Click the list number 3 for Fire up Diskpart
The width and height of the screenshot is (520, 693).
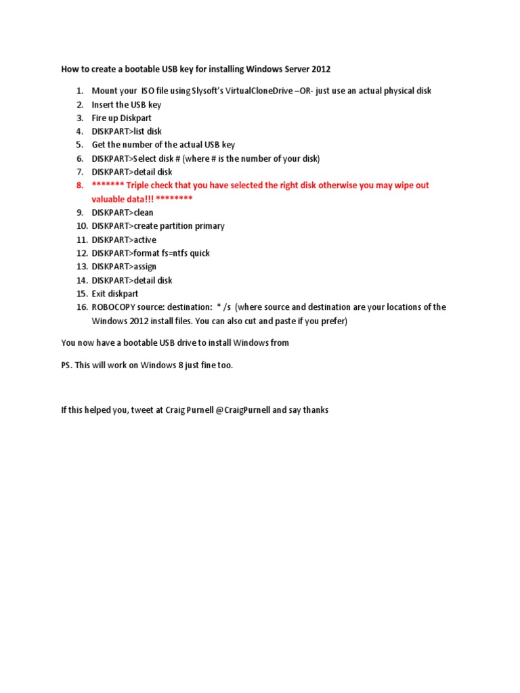[79, 118]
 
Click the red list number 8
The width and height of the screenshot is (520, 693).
[79, 185]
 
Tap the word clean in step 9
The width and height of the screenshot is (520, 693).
[144, 213]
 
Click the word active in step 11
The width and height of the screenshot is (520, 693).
[145, 240]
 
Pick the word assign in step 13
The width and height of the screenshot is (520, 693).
[145, 267]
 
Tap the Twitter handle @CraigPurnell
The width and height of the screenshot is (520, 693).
[242, 410]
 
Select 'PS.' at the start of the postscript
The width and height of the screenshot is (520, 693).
[66, 365]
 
